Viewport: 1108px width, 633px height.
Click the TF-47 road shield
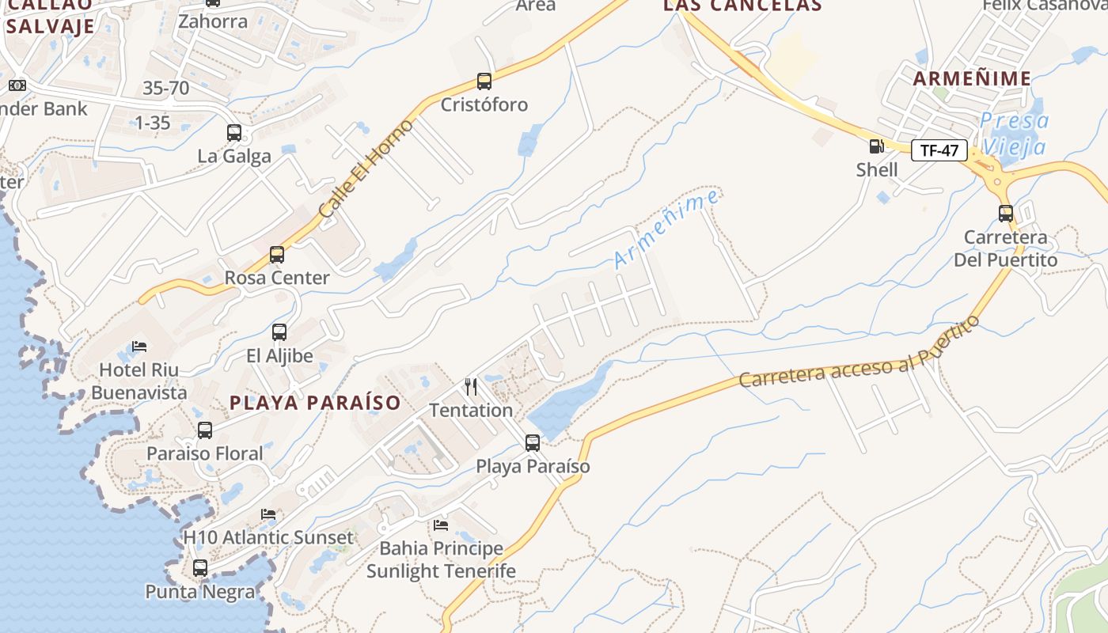click(939, 150)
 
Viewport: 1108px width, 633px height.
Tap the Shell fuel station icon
click(876, 146)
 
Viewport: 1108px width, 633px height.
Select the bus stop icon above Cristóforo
click(484, 81)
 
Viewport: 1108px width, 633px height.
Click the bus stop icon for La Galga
click(234, 132)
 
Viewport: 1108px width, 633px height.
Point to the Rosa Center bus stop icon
click(276, 254)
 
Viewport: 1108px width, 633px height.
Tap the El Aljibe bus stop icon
click(279, 332)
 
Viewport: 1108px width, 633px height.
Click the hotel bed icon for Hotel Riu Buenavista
click(139, 346)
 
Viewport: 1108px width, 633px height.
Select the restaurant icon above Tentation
click(471, 386)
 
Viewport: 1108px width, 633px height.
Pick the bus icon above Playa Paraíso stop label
click(533, 442)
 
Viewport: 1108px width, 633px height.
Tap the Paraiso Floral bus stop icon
click(205, 430)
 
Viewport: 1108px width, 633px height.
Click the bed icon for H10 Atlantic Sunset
click(268, 514)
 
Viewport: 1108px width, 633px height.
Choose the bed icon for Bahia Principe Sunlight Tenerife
click(441, 525)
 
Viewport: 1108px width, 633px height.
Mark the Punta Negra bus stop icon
click(200, 567)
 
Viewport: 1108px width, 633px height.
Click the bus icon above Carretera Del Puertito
click(1005, 213)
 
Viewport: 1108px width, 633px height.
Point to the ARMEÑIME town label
click(972, 78)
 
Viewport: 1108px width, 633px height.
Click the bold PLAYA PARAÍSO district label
click(315, 402)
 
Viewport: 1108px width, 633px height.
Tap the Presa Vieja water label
click(1014, 134)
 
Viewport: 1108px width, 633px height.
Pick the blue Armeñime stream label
click(666, 229)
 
